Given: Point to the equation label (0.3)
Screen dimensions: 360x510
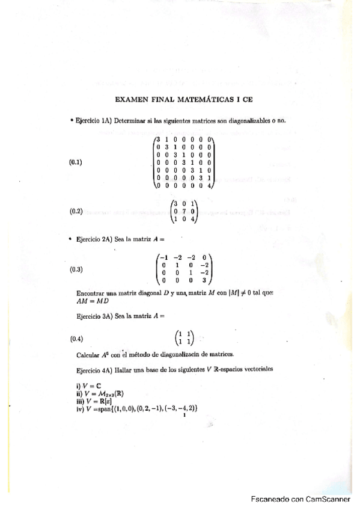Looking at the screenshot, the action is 76,269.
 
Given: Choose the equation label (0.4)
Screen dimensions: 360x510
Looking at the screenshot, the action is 76,338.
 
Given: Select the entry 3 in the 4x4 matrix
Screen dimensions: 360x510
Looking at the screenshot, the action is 204,280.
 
